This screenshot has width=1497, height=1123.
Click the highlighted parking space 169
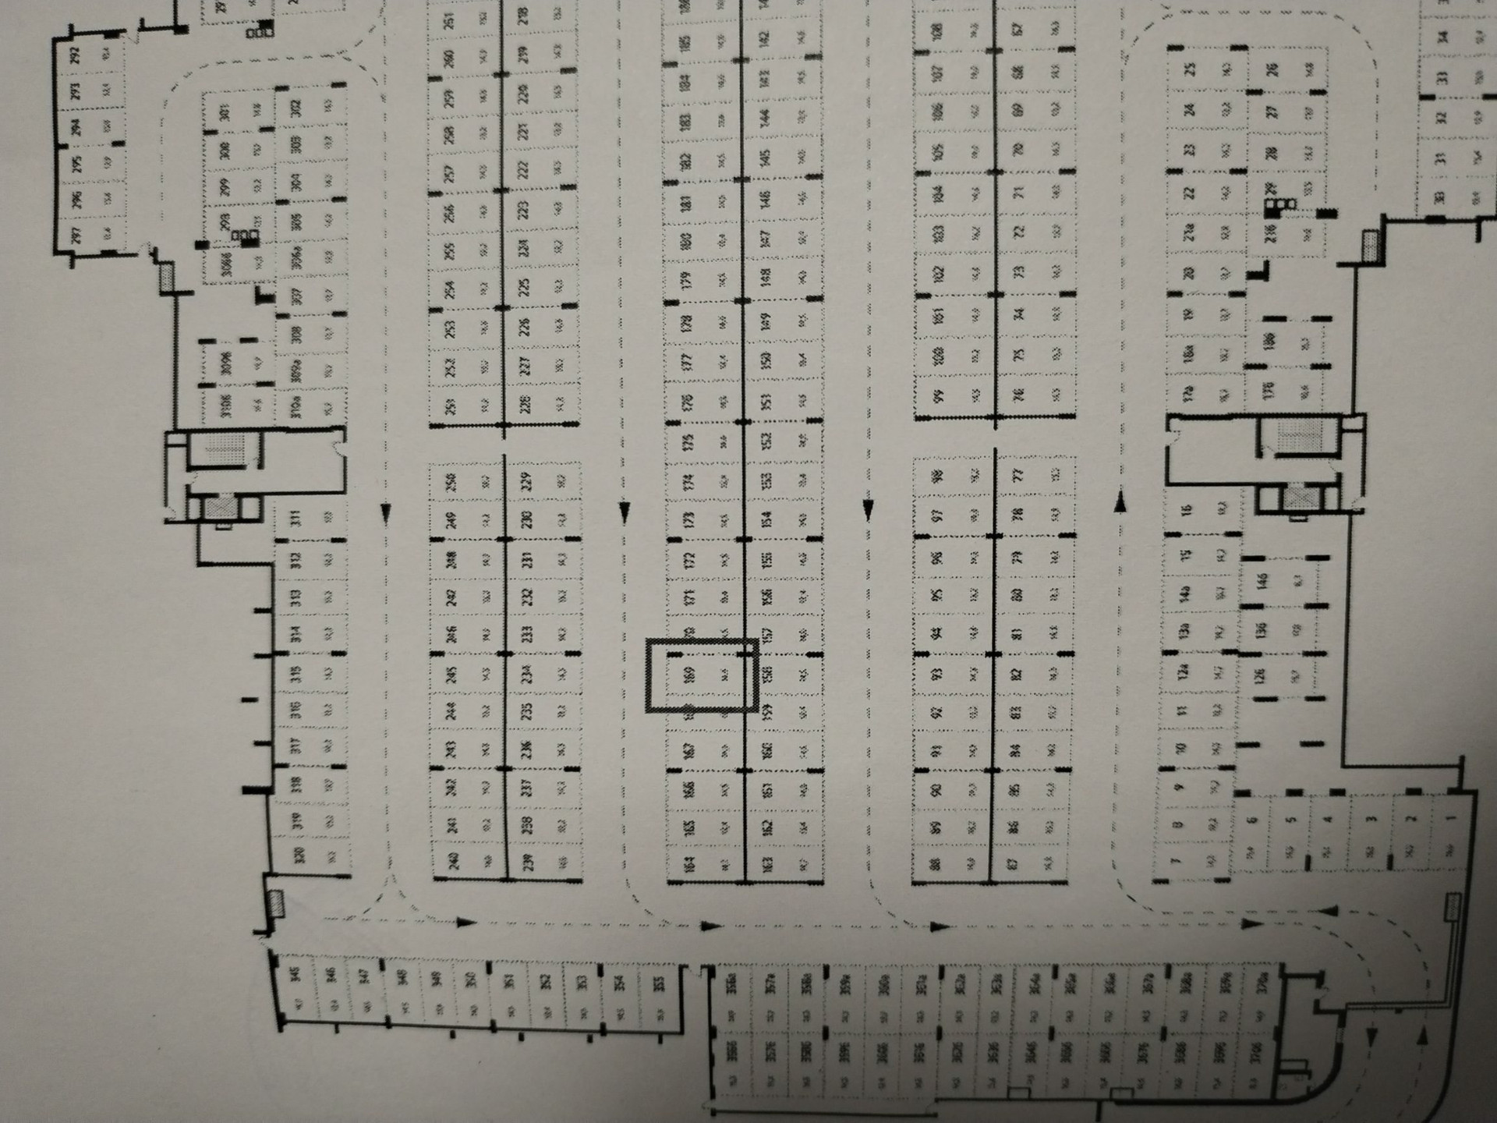[702, 675]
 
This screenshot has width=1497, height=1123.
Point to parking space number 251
[465, 22]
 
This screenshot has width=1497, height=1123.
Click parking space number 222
[540, 168]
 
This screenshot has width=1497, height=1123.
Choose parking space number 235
[543, 711]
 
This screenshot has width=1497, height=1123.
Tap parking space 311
[310, 519]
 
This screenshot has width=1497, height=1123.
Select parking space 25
[1205, 69]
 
